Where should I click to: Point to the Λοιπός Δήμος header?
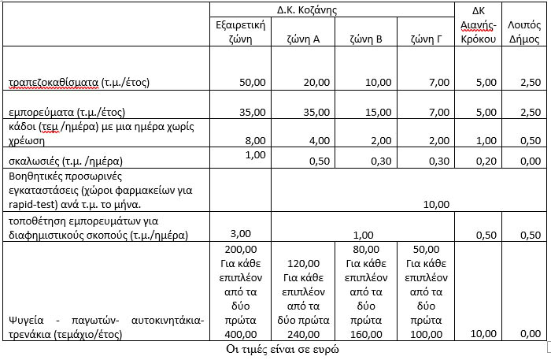tap(523, 32)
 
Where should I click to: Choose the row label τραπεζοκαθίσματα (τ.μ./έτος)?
tap(79, 82)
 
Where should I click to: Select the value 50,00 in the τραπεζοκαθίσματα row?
tap(253, 82)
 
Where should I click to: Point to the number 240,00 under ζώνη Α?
tap(303, 334)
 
